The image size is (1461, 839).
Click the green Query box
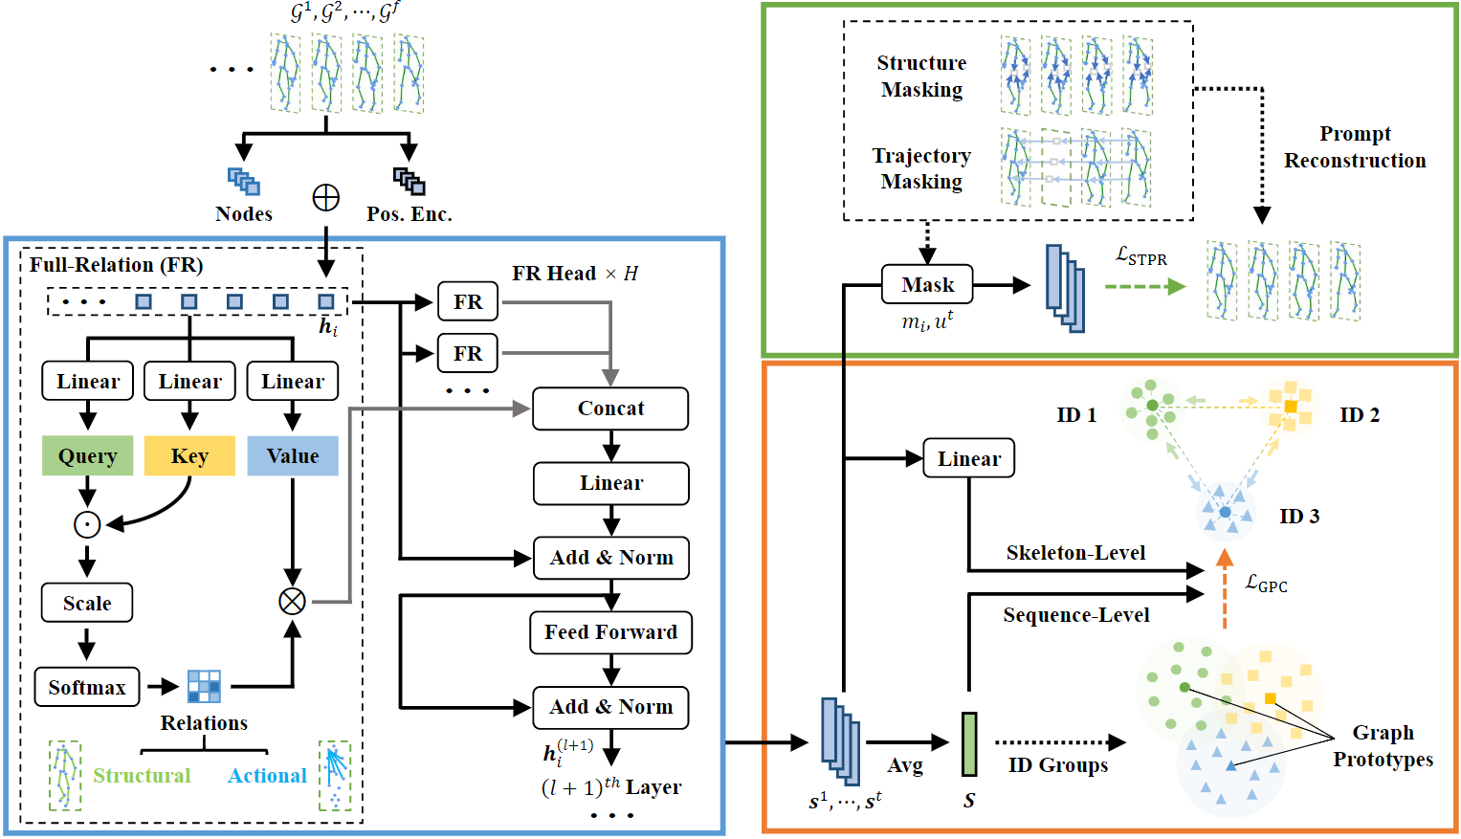point(87,456)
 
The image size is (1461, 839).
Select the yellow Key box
point(189,456)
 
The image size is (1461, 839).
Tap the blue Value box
point(293,456)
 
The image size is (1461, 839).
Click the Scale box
point(87,604)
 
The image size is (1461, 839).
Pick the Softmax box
point(87,687)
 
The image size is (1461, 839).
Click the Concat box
point(610,408)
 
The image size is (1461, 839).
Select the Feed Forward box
point(610,632)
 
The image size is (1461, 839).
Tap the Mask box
point(927,285)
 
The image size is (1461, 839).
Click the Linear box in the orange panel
point(968,459)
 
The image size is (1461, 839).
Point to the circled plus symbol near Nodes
point(326,198)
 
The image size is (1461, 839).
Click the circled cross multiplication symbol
point(292,601)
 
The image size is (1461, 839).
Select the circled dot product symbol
point(87,524)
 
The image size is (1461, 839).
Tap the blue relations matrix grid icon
point(204,686)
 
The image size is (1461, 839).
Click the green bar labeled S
point(969,743)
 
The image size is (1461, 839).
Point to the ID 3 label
point(1299,517)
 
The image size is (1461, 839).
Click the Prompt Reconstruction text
point(1355,147)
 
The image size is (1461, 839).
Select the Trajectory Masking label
point(921,168)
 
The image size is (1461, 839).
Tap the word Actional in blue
point(267,776)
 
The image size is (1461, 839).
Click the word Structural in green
point(142,776)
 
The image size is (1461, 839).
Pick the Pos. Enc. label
point(410,214)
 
